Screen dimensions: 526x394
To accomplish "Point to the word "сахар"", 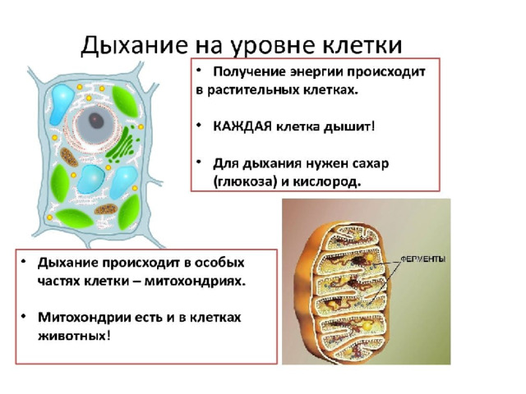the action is click(x=371, y=163).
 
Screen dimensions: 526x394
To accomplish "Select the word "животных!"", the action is click(x=74, y=336).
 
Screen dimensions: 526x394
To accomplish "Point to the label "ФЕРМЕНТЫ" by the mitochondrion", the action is click(x=424, y=259).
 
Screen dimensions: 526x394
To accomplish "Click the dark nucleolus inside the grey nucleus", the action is click(x=96, y=121).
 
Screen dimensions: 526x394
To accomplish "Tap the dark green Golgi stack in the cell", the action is click(x=122, y=143).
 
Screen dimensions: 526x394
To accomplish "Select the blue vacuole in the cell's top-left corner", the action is click(x=62, y=103).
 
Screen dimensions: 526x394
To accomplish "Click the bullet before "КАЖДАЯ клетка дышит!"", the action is click(x=199, y=125).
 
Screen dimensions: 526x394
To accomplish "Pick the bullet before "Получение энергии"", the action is click(x=199, y=70).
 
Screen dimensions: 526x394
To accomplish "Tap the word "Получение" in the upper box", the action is click(x=249, y=72).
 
